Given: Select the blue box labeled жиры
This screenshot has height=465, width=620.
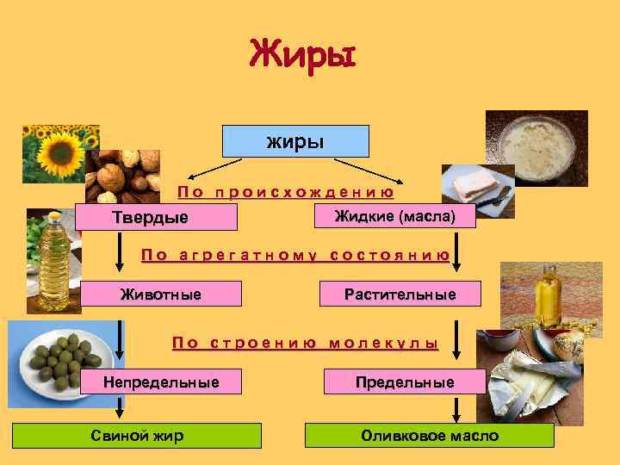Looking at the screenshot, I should pos(295,141).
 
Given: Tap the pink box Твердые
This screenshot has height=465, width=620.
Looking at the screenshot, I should pos(156,217).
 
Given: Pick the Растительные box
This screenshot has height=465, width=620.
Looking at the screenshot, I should pos(400,295).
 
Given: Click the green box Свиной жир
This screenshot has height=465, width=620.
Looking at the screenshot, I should pos(137,436).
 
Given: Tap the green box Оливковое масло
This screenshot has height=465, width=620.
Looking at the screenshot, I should pos(430,436).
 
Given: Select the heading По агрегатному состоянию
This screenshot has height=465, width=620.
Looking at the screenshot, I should pos(294,255).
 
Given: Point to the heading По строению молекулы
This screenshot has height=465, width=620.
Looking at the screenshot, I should pos(305,343).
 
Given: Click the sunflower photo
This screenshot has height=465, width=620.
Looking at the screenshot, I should pos(59,151).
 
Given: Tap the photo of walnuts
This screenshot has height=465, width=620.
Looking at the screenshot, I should pos(122,175).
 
